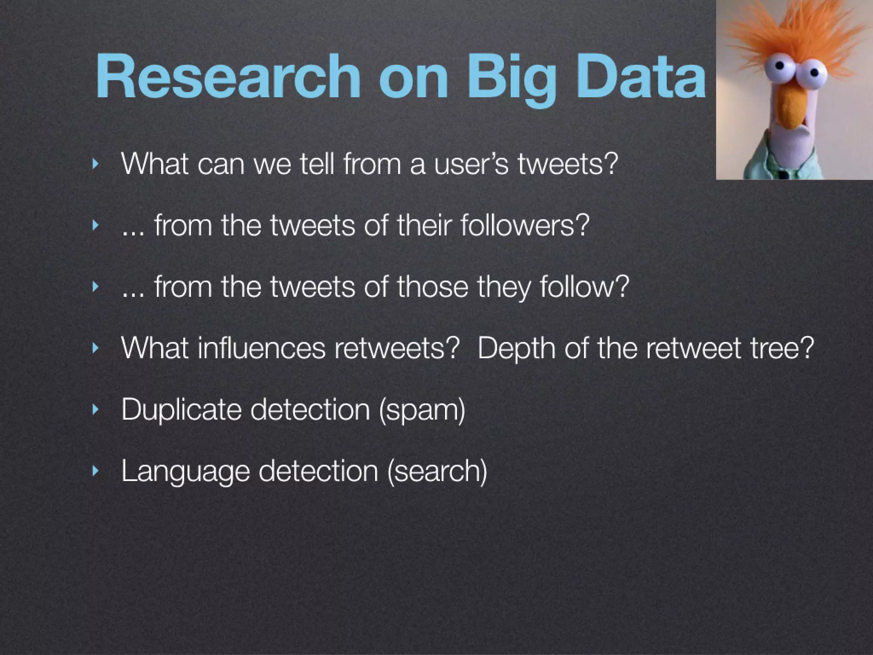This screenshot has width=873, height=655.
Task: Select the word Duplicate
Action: coord(181,410)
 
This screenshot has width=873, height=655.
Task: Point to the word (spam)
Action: coord(422,410)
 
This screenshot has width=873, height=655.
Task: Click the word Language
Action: coord(185,471)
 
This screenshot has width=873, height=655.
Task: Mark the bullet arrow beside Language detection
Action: coord(95,471)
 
